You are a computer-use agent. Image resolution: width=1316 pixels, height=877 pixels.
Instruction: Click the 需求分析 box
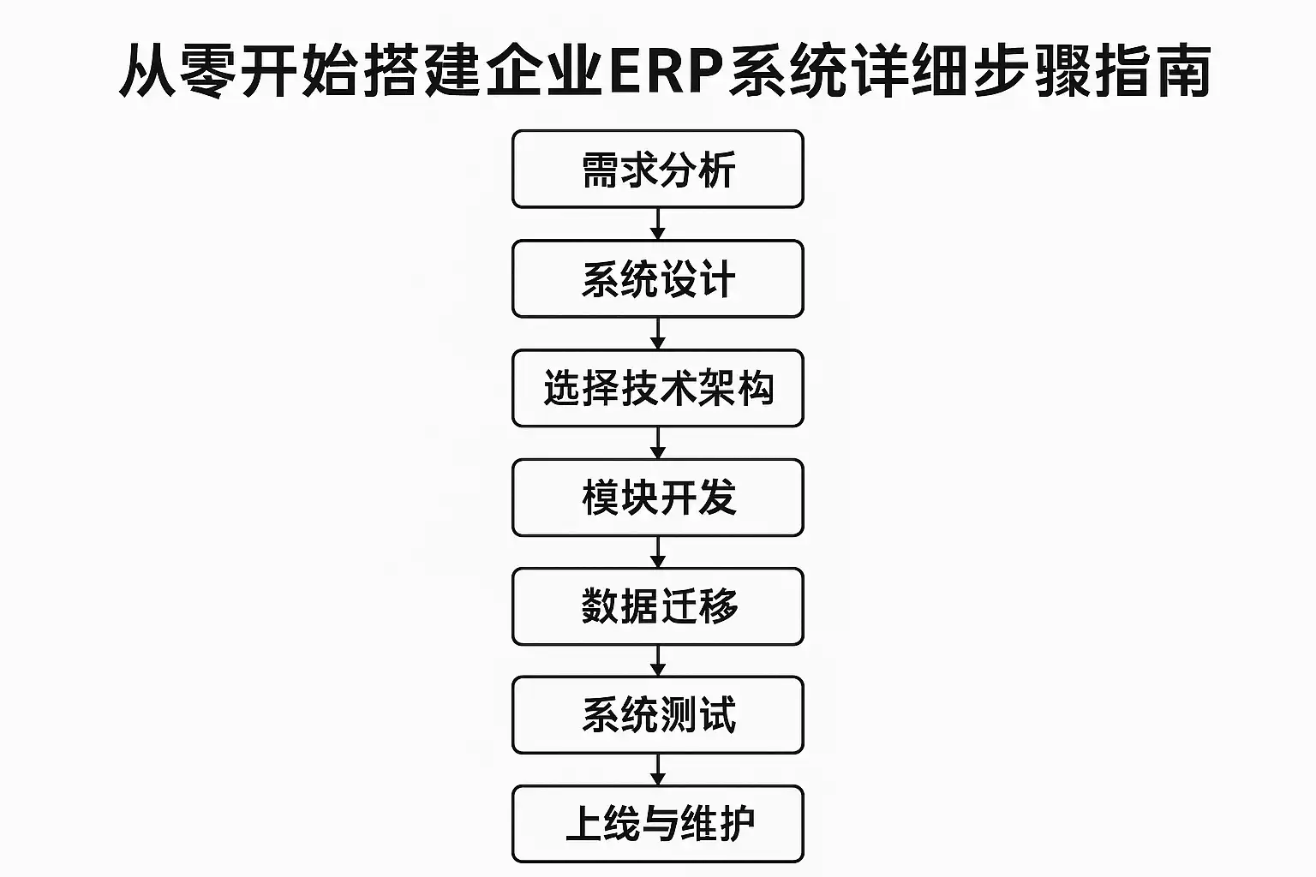point(657,169)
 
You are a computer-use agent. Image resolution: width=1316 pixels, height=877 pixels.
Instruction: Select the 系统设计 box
point(657,278)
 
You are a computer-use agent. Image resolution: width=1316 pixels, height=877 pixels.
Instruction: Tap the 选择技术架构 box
point(657,388)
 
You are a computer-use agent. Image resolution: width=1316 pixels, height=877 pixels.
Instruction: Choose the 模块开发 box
point(657,498)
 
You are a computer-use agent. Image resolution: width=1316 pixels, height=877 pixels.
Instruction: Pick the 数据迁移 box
point(657,606)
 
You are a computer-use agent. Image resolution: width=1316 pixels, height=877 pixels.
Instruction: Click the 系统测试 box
point(657,715)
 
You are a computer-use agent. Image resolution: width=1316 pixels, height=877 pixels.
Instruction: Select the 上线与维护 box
point(657,824)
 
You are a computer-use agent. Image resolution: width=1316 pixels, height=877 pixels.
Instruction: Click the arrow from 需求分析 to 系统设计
point(657,224)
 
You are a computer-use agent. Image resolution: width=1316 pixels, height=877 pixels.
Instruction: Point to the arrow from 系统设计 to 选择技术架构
point(657,333)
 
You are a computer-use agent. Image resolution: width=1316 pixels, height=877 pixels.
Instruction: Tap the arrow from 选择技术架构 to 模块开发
point(657,443)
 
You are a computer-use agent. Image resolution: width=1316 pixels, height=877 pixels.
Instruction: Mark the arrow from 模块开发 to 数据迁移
point(657,552)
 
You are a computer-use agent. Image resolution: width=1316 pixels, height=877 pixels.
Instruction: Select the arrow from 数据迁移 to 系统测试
point(657,660)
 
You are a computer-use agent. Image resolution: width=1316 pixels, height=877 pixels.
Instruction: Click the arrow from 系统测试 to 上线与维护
point(657,769)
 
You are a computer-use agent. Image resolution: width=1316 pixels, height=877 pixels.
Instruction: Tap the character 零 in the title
point(208,70)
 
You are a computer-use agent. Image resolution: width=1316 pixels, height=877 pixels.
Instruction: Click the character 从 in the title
point(147,70)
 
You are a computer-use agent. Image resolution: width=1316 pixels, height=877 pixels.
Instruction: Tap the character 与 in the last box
point(659,824)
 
